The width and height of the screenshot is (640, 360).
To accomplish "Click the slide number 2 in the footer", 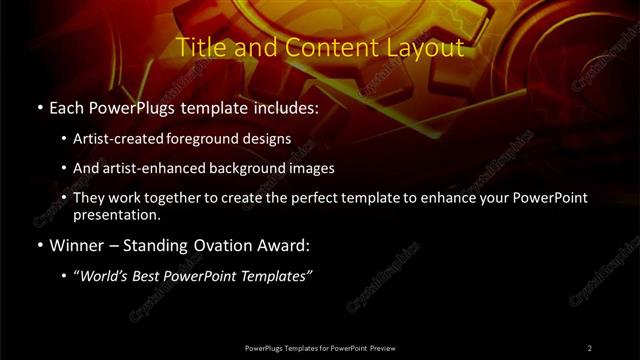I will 590,347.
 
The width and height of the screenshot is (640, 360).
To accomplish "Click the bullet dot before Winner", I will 39,245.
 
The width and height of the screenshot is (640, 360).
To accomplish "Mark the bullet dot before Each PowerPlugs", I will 39,106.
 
